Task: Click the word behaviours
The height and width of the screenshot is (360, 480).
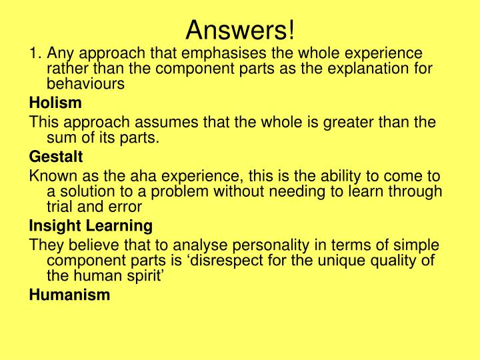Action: [x=85, y=84]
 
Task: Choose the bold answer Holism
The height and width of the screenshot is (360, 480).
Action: [x=55, y=103]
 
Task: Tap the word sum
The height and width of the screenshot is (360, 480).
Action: [x=60, y=139]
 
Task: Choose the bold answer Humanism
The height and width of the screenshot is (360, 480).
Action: [x=69, y=295]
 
